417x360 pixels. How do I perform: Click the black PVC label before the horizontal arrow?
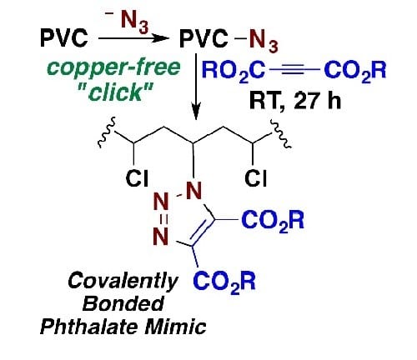(x=64, y=37)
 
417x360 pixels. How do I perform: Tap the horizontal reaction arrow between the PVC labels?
(x=133, y=37)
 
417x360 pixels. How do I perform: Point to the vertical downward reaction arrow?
(x=196, y=87)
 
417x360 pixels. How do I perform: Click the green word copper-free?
(x=113, y=67)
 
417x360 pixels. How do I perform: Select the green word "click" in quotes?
(x=116, y=92)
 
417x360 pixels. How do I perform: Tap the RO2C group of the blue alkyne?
(x=234, y=71)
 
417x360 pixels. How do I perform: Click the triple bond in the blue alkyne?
(x=294, y=69)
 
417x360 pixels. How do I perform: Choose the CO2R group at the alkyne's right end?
(x=355, y=71)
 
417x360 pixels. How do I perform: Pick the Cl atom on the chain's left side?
(x=137, y=178)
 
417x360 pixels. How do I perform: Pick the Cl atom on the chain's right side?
(x=256, y=178)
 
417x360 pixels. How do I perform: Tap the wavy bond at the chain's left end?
(x=108, y=132)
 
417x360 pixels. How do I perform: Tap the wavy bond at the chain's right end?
(x=281, y=133)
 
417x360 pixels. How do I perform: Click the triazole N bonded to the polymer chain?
(x=193, y=191)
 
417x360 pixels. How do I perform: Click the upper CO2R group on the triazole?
(x=273, y=221)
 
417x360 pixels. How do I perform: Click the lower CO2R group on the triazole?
(x=224, y=282)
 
